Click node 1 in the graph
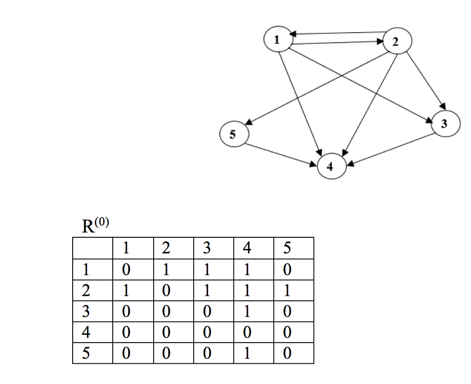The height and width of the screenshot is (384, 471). point(278,39)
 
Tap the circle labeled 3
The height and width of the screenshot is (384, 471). point(445,124)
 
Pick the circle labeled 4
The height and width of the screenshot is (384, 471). point(330,167)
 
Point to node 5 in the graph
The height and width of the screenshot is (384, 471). point(233,134)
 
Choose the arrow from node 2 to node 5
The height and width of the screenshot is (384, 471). point(317,87)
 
